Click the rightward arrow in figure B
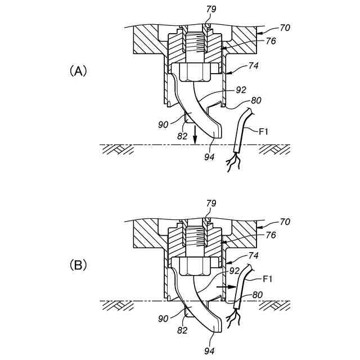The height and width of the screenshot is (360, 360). [224, 286]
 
